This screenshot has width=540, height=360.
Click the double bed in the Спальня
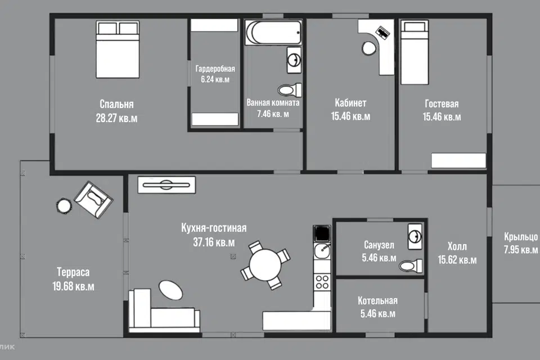[x=118, y=49]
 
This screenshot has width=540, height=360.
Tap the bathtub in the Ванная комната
[x=273, y=33]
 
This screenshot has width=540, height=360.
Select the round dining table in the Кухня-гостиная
[x=265, y=265]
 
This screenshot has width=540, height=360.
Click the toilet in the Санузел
[x=411, y=266]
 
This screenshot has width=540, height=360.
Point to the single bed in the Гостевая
[x=415, y=52]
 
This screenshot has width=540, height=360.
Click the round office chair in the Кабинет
[x=369, y=48]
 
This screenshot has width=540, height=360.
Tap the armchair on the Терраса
[x=93, y=200]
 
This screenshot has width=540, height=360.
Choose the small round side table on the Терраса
[x=64, y=206]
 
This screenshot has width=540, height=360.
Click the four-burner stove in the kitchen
[x=322, y=281]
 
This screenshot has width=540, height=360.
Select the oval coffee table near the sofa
[x=171, y=290]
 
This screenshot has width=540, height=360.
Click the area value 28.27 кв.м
[x=116, y=118]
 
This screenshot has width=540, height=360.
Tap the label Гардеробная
[x=215, y=69]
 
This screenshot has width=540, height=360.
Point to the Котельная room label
[x=377, y=300]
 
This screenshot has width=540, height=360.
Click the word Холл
[x=457, y=246]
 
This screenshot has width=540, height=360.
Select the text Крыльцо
[x=521, y=237]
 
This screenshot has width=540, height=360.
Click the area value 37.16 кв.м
[x=214, y=242]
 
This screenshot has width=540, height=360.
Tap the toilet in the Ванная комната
[x=290, y=90]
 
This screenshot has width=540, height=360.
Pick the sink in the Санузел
[x=415, y=237]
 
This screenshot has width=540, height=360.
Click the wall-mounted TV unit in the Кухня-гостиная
[x=166, y=185]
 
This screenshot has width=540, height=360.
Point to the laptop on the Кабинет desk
[x=382, y=33]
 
